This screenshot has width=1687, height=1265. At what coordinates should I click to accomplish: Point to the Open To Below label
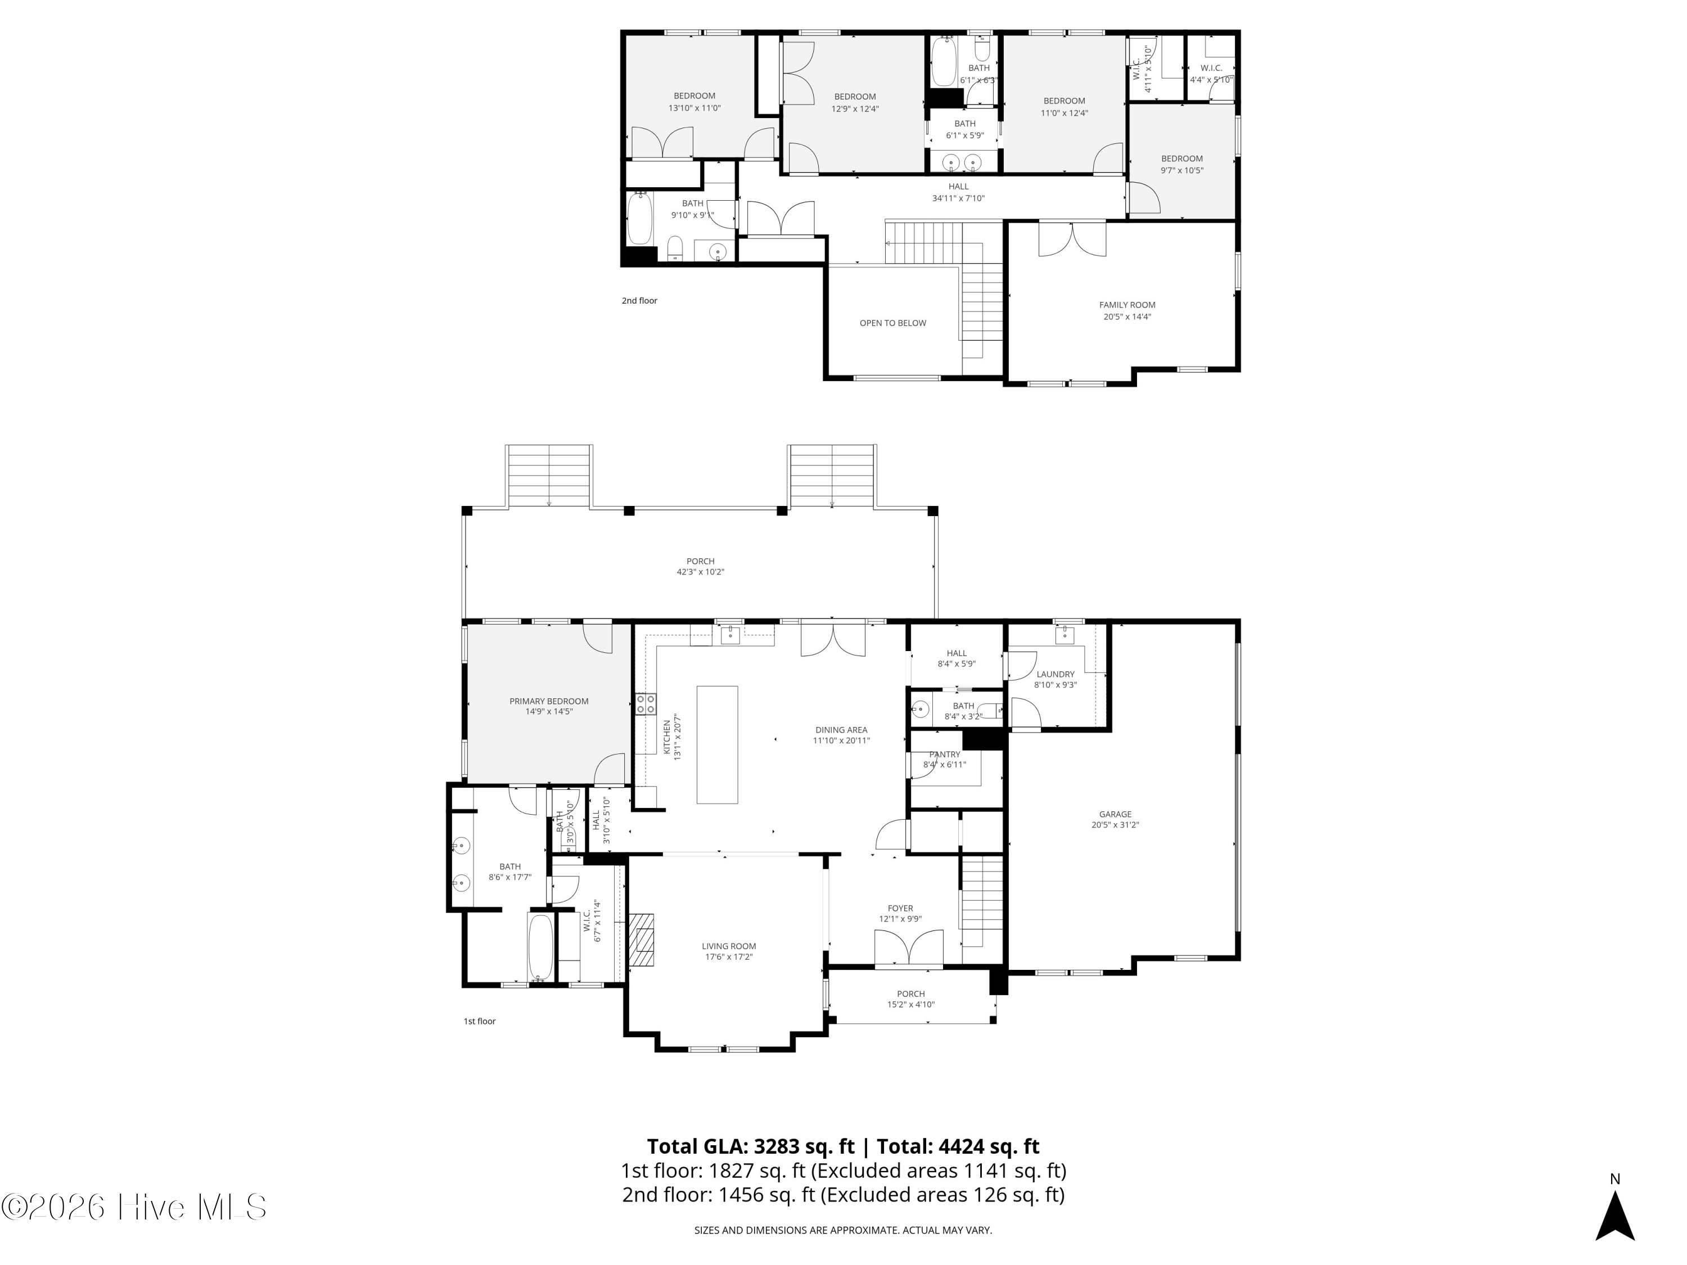click(892, 323)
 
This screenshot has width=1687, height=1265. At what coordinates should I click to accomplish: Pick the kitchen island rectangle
click(717, 744)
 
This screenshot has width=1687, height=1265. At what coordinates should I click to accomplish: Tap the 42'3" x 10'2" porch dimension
click(700, 571)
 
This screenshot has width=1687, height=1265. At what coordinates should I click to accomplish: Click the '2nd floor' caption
click(639, 300)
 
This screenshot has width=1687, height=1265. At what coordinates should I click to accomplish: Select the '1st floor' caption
click(480, 1021)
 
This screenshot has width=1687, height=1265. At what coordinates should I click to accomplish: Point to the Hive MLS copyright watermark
click(134, 1207)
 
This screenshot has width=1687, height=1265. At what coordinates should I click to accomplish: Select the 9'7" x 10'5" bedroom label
click(1181, 170)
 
